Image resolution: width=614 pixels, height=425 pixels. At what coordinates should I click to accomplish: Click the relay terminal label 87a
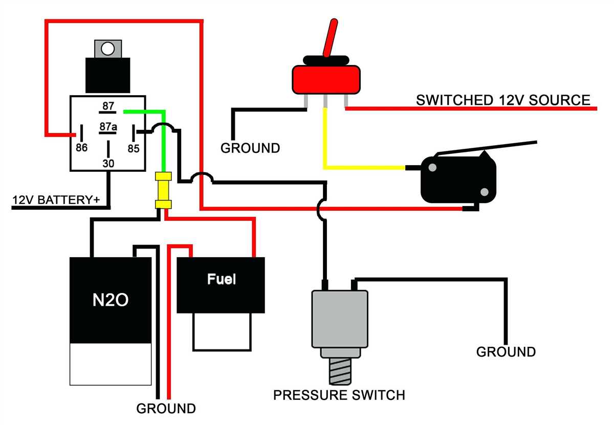click(108, 126)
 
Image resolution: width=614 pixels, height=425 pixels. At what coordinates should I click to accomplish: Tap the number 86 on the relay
click(81, 148)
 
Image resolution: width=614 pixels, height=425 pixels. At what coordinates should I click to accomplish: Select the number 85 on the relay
click(134, 149)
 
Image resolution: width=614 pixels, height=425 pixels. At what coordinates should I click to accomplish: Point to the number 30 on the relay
click(108, 164)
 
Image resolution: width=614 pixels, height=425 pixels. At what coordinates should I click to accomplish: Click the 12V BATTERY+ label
click(56, 199)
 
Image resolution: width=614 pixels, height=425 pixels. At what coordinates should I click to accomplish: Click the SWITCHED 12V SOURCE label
click(503, 100)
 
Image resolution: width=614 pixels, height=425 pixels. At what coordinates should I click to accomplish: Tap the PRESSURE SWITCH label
click(339, 395)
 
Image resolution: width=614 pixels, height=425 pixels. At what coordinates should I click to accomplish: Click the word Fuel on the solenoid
click(221, 279)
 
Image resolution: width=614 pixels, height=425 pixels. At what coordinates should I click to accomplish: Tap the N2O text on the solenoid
click(110, 300)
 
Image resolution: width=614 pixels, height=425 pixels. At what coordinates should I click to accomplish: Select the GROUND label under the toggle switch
click(250, 148)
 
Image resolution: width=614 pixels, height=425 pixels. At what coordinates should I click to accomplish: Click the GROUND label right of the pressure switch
click(506, 352)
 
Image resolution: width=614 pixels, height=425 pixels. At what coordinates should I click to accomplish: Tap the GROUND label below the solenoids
click(166, 409)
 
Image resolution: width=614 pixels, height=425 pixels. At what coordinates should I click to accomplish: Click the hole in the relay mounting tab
click(108, 49)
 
